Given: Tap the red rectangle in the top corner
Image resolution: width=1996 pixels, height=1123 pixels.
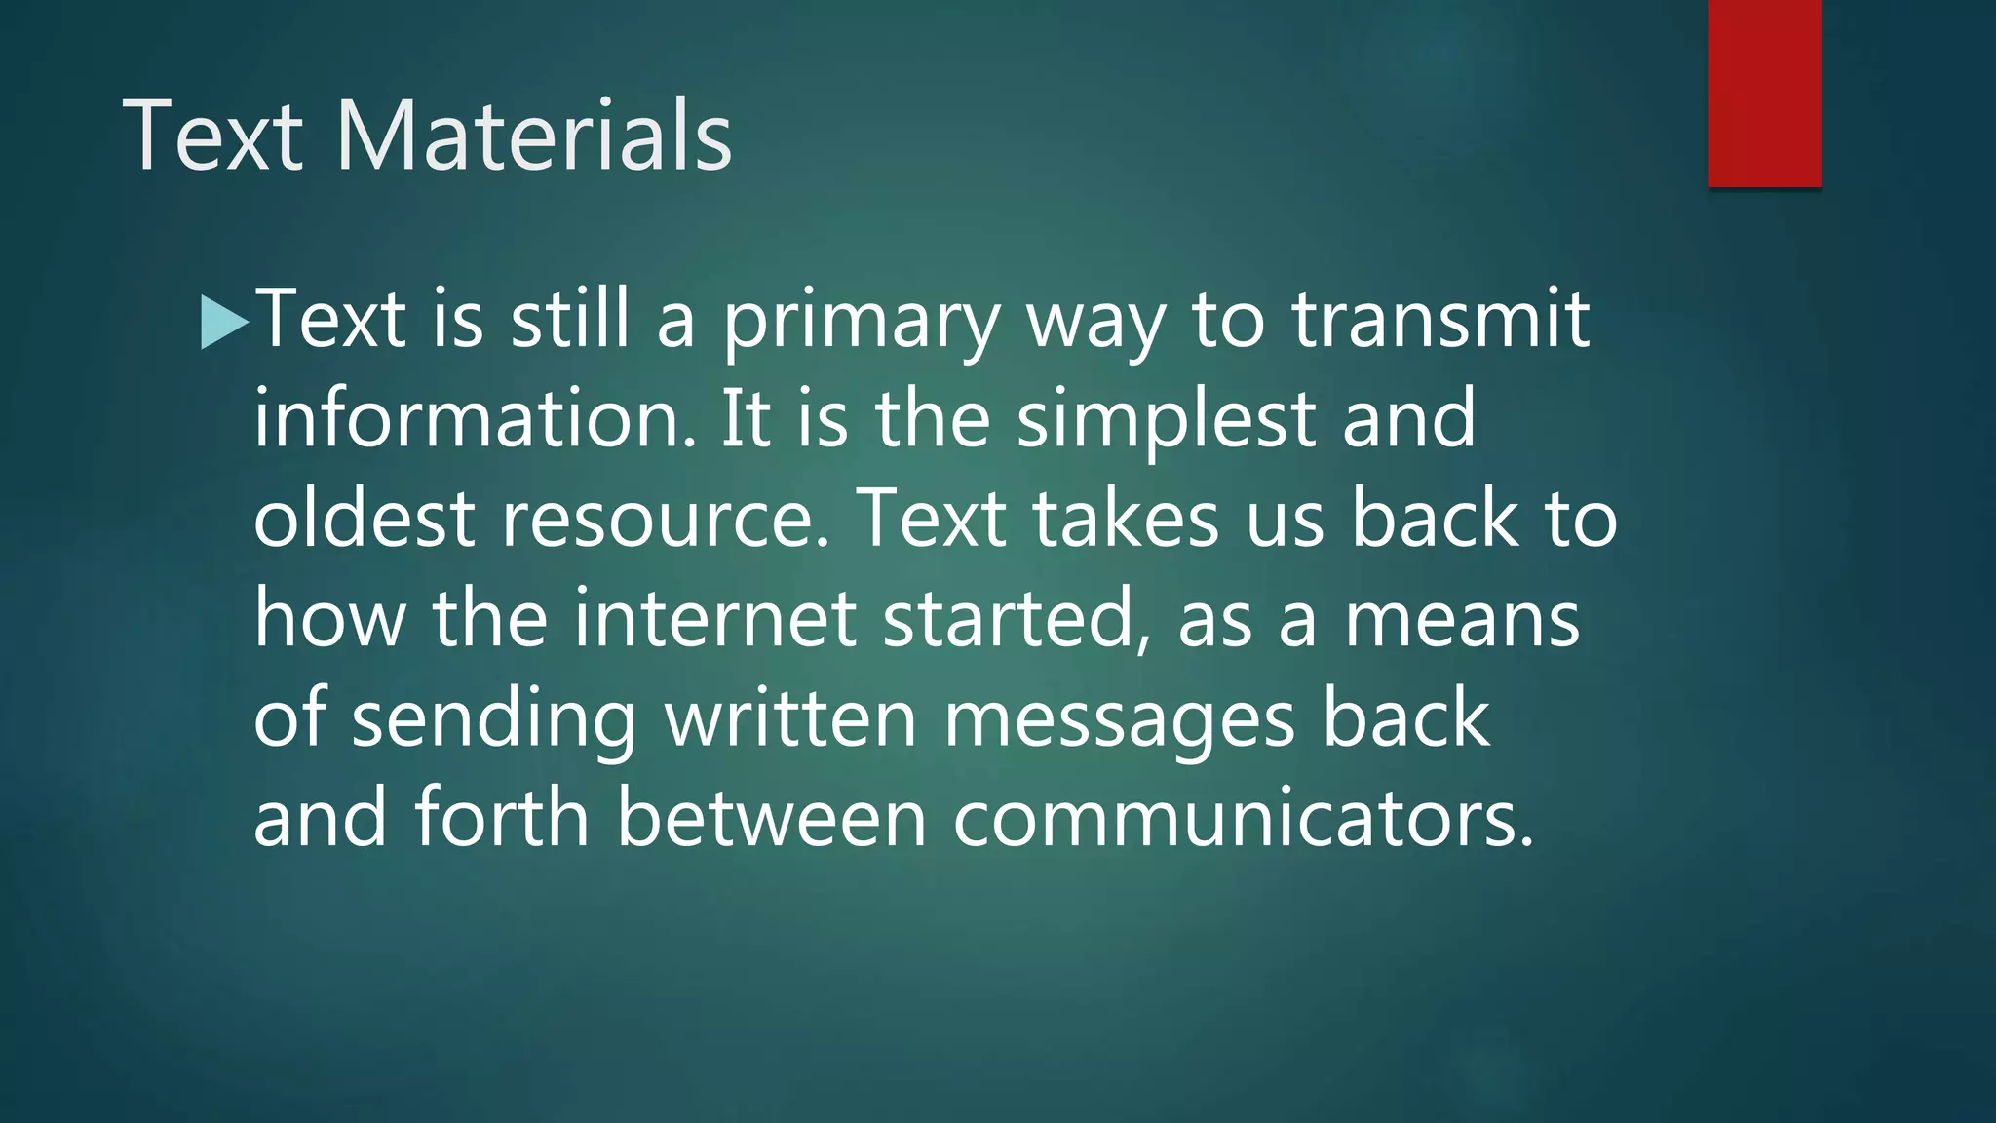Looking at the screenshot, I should [1764, 93].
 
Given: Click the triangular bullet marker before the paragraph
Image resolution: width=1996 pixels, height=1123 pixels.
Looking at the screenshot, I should [223, 322].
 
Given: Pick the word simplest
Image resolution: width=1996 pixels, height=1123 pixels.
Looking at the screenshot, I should [1166, 419].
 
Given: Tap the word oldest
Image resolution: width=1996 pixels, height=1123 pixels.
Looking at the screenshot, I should [364, 519].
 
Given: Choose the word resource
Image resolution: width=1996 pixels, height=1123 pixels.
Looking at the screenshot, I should [666, 519].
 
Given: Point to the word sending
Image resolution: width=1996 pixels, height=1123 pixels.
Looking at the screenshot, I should [493, 719].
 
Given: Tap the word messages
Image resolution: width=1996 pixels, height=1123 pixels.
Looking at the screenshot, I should [1120, 719].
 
